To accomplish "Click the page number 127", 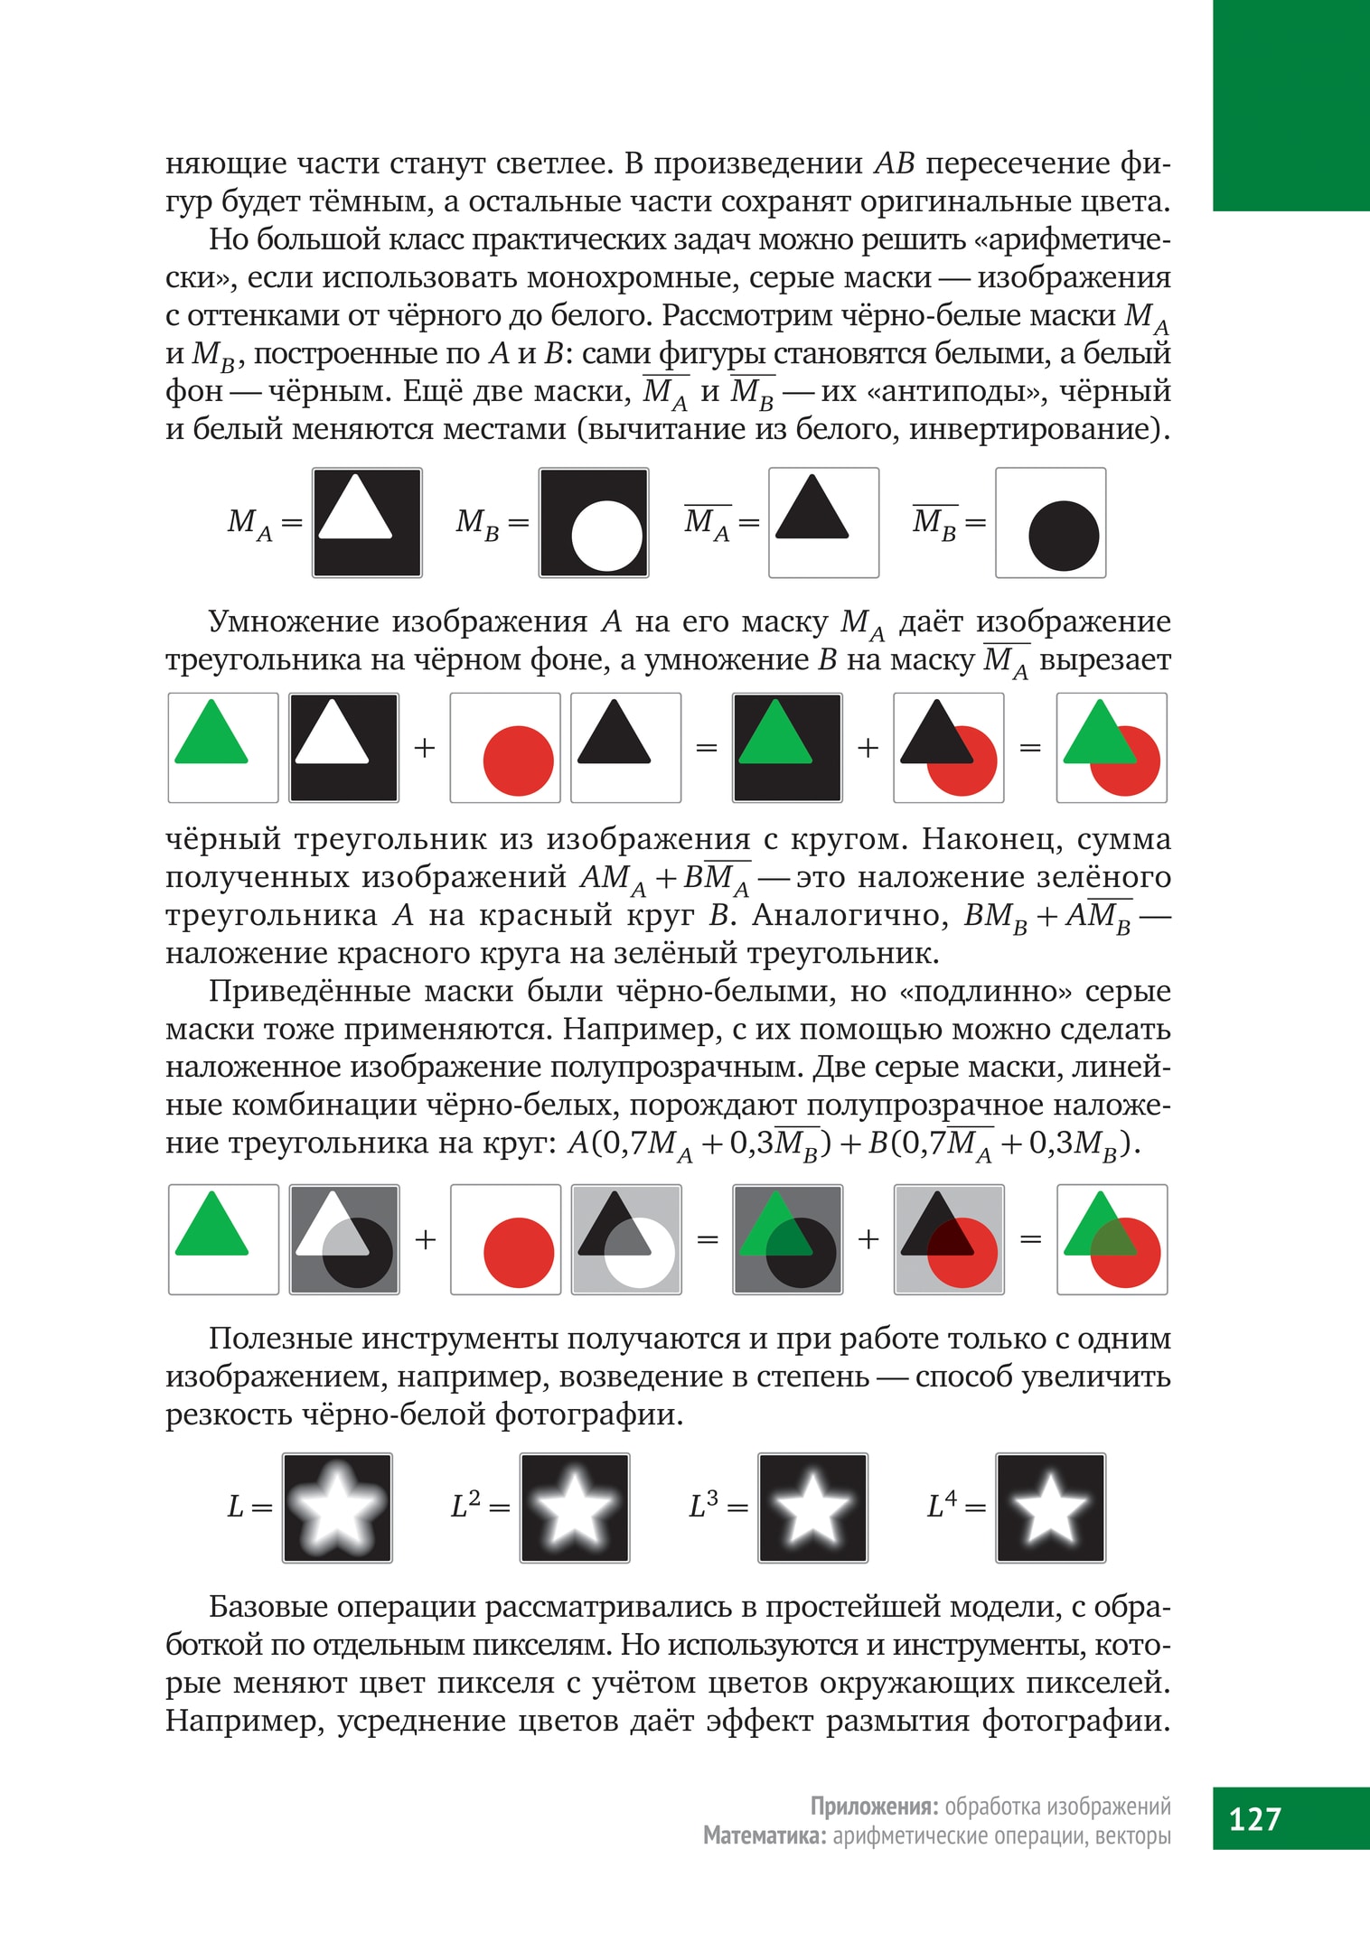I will click(x=1255, y=1817).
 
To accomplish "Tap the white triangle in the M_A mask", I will click(x=355, y=511).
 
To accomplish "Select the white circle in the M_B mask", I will click(x=606, y=536).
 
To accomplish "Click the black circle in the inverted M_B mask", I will click(x=1063, y=536).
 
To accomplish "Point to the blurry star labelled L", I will click(x=337, y=1508).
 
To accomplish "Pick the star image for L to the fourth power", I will click(x=1050, y=1508).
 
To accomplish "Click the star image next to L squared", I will click(x=575, y=1508).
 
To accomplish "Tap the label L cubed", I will click(x=704, y=1506).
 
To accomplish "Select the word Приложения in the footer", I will click(x=871, y=1806).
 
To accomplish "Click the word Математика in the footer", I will click(x=764, y=1835).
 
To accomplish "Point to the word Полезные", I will click(x=277, y=1339).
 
